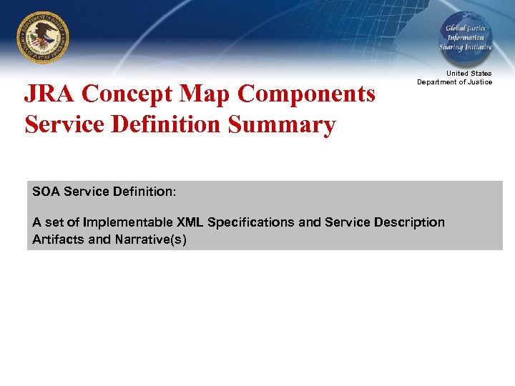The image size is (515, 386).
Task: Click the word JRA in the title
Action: (x=50, y=94)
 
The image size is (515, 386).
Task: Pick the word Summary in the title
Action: (x=282, y=124)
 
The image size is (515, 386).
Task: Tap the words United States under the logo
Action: (x=469, y=74)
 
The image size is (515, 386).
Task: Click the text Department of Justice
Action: (x=455, y=82)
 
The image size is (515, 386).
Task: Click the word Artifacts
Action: (x=58, y=239)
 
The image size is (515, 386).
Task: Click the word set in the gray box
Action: (x=53, y=222)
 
